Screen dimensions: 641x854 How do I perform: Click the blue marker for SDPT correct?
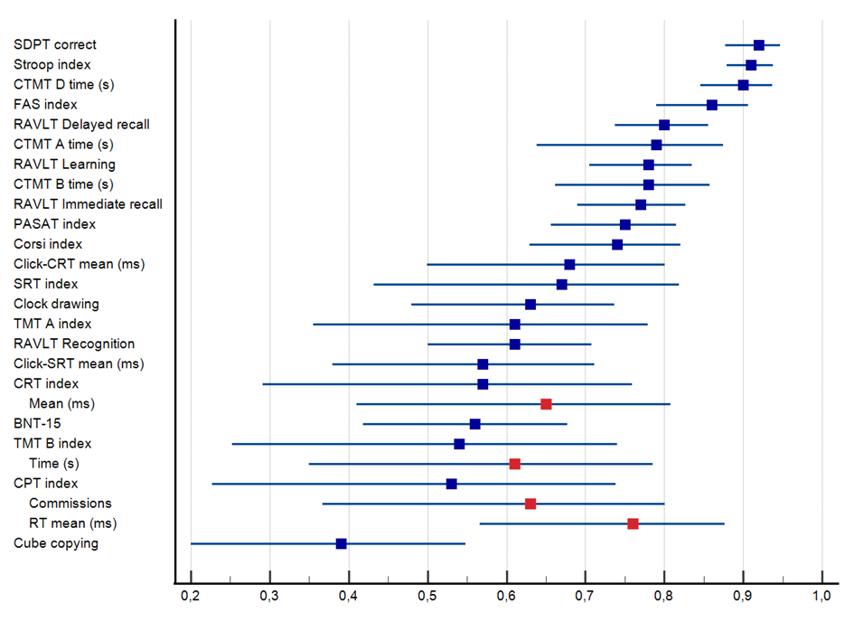pos(759,45)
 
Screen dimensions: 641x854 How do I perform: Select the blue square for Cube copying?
pos(341,543)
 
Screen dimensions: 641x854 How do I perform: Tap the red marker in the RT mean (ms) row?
pos(633,523)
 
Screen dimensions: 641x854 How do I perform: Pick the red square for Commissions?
pos(530,504)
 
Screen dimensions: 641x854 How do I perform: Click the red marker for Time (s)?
pos(514,464)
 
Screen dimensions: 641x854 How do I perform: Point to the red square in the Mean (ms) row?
pos(546,404)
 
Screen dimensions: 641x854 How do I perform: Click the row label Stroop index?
pos(52,65)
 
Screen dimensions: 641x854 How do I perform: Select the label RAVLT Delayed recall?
pos(81,125)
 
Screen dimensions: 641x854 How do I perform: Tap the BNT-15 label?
pos(38,423)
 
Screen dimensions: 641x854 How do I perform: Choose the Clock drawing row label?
pos(56,304)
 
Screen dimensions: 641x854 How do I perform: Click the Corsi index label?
pos(48,244)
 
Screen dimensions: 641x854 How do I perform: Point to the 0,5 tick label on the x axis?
pos(427,598)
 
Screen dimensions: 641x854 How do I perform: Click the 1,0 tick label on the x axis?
pos(821,598)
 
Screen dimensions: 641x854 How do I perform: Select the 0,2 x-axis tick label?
pos(191,598)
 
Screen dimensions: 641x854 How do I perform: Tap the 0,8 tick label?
pos(664,598)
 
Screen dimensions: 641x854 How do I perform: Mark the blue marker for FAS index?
pos(712,105)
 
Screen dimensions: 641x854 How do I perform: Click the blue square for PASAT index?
pos(624,224)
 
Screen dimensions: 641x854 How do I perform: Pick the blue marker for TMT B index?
pos(459,444)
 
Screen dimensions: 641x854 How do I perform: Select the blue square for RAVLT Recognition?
pos(514,344)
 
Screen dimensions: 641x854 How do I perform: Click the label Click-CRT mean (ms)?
pos(79,264)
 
